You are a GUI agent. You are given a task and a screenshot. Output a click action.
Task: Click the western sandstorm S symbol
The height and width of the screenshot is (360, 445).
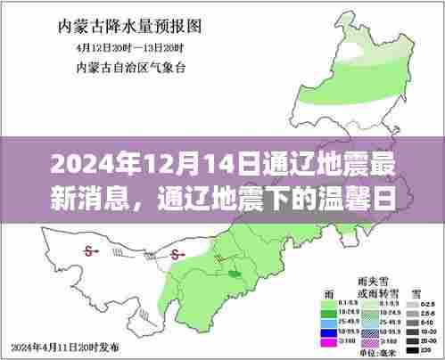click(x=88, y=252)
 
